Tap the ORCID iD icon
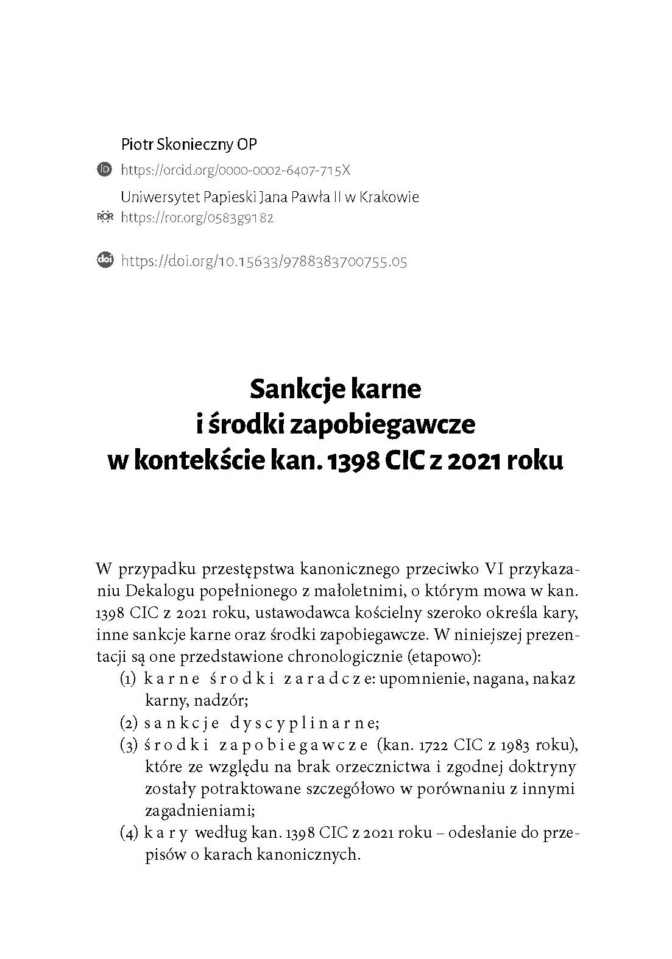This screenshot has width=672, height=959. pos(105,169)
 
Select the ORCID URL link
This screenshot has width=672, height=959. pos(236,170)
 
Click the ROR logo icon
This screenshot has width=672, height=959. pos(105,217)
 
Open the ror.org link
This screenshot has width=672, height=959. pos(197,217)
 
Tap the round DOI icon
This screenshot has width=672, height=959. pos(105,261)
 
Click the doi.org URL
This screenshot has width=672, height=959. pos(264,261)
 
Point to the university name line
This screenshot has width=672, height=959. pos(270,197)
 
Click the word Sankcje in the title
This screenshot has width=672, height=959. pos(289,388)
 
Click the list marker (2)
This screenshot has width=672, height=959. pos(129,723)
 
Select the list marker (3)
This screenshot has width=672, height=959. pos(129,745)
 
